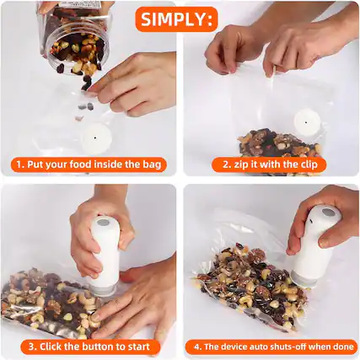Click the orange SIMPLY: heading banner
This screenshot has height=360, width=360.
coord(178,19)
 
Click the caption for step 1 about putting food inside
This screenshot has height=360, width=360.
coord(88,164)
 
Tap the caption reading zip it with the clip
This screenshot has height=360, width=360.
coord(272,164)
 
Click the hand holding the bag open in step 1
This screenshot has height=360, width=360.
coord(135,84)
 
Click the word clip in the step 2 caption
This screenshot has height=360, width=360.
coord(312,164)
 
